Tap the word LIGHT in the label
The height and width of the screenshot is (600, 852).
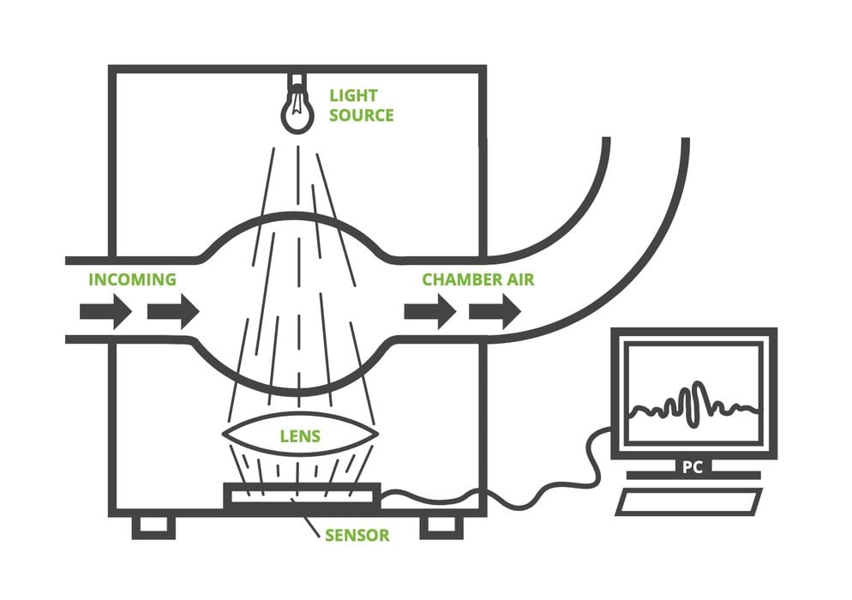(353, 95)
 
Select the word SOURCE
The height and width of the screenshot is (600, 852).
(361, 115)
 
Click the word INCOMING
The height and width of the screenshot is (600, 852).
(132, 279)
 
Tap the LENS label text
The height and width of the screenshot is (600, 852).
(300, 436)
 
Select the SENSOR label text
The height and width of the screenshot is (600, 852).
(357, 536)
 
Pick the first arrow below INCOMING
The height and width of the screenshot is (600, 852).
(105, 311)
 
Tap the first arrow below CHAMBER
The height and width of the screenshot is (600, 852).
(429, 311)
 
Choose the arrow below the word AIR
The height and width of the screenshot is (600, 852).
(495, 311)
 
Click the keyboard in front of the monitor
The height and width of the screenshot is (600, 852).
(690, 501)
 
